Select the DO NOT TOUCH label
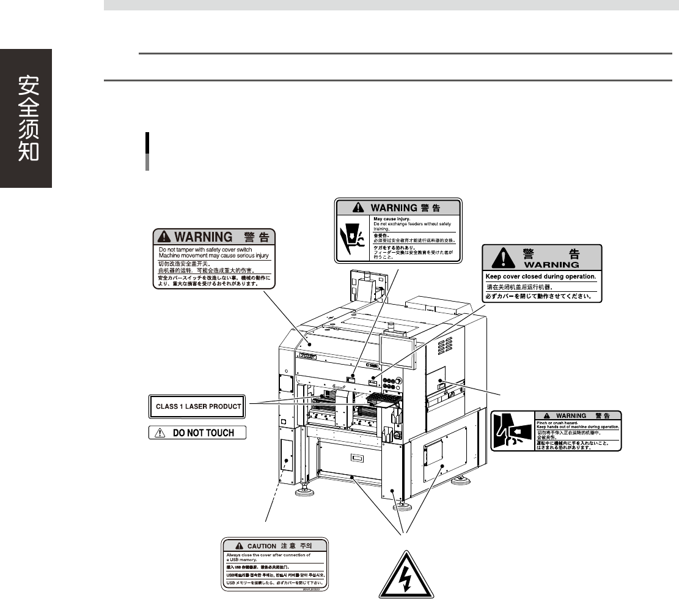197,433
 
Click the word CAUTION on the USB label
262,546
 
